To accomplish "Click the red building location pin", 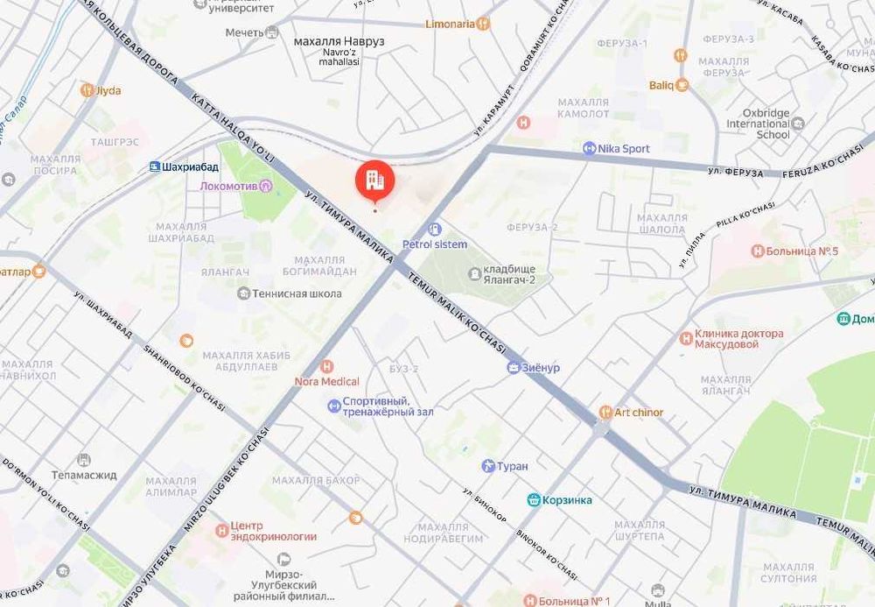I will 374,180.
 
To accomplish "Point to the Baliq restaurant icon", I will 681,85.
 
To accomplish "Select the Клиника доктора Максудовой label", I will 739,339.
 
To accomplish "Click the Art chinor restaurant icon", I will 605,412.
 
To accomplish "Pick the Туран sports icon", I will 490,466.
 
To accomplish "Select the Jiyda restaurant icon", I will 87,89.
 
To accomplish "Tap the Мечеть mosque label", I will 244,32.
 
